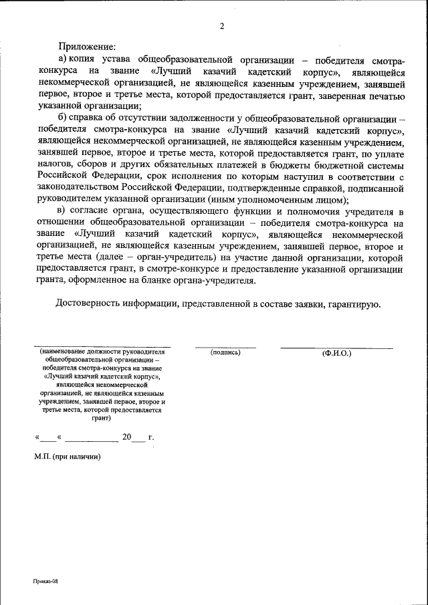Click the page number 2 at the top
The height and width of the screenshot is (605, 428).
(x=221, y=27)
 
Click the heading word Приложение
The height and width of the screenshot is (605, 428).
(x=87, y=47)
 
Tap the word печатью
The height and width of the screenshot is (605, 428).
(x=383, y=96)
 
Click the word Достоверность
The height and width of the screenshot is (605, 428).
(x=88, y=305)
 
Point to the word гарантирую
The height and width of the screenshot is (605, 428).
(x=354, y=305)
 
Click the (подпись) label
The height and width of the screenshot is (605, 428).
(x=225, y=352)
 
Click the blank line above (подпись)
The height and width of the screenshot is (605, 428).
(x=225, y=347)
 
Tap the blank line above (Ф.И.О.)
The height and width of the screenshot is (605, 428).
(x=336, y=347)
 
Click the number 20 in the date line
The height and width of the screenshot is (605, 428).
(x=127, y=439)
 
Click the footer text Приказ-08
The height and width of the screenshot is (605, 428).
(x=46, y=582)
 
